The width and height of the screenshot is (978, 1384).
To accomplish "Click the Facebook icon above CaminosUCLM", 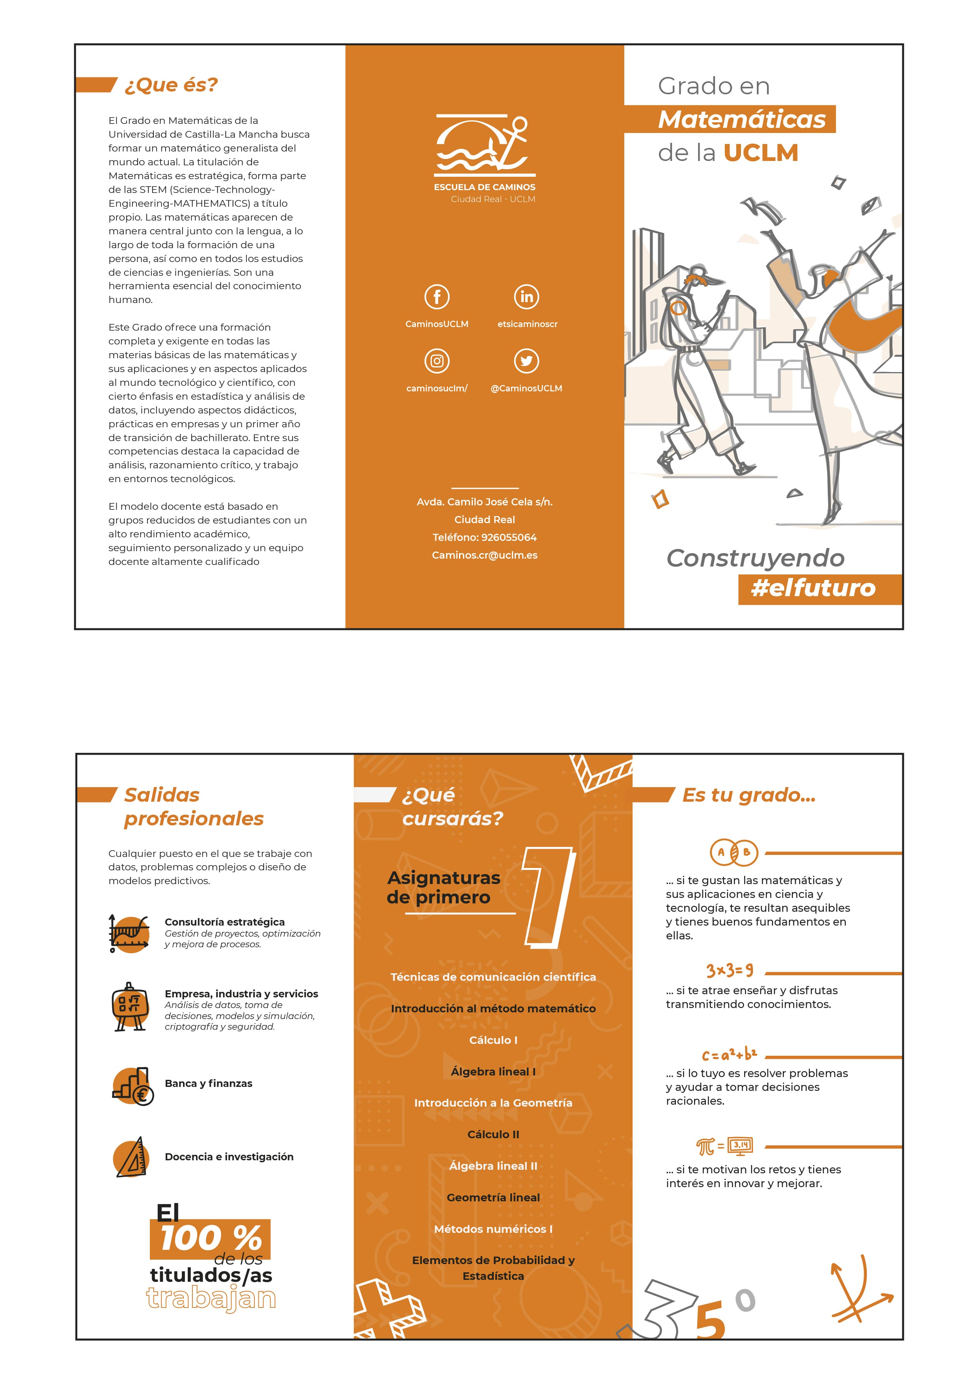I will coord(437,297).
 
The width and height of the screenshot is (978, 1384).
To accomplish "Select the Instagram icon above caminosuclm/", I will coord(437,361).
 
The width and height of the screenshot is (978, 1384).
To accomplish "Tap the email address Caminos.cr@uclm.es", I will coord(485,555).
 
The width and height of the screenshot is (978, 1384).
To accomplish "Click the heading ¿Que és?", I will coord(170,85).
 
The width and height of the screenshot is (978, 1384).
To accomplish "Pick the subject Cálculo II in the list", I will coord(493,1134).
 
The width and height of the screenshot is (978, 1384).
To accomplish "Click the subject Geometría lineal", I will coord(493,1197).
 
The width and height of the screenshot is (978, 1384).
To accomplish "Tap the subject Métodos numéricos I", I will coord(493,1229).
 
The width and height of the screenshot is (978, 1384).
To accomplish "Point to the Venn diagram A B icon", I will coord(733,852).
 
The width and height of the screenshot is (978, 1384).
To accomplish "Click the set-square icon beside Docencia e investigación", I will coord(131,1158).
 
